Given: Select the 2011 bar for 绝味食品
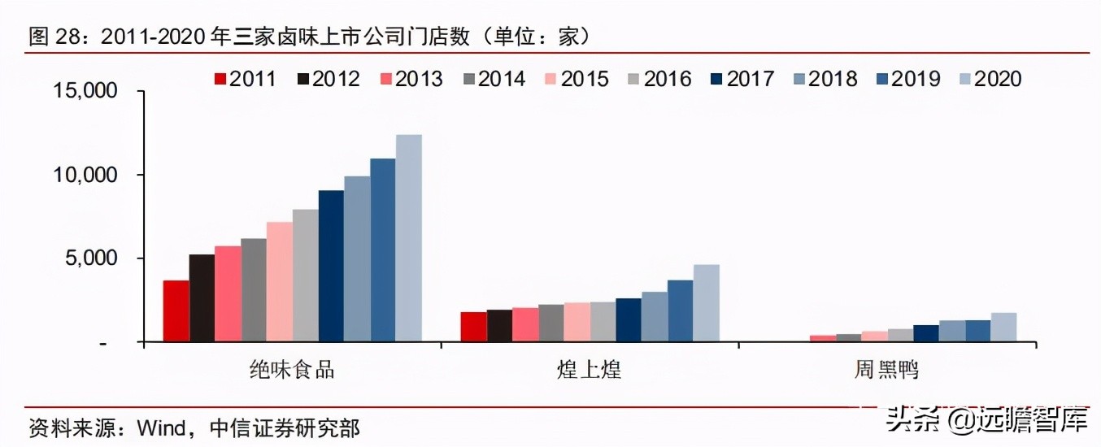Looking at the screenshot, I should (x=176, y=311).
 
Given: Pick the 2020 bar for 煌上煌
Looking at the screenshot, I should (x=706, y=303).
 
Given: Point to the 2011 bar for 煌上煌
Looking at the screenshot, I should (x=473, y=327).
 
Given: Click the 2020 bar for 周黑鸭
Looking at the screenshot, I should (x=1003, y=328).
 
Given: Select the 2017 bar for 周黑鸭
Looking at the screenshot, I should (x=926, y=333).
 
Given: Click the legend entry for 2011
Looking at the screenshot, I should (x=245, y=79).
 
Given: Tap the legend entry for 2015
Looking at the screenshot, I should (x=577, y=79).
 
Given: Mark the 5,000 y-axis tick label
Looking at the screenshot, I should (x=91, y=258).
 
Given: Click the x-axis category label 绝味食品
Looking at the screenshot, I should (x=292, y=371).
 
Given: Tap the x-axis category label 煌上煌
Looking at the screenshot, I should (x=590, y=371).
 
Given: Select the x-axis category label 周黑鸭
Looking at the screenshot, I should (x=886, y=371).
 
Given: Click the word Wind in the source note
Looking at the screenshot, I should (x=162, y=427).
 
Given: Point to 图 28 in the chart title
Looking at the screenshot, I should (x=56, y=36).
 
